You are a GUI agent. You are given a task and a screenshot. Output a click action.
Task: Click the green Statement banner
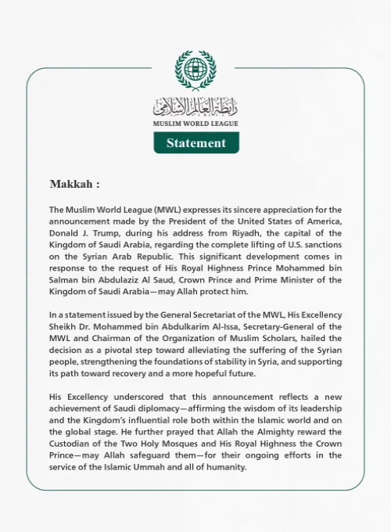(x=195, y=142)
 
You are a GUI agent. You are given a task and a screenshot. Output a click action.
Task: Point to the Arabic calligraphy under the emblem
(x=195, y=106)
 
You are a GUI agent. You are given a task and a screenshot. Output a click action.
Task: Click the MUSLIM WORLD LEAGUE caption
(x=195, y=124)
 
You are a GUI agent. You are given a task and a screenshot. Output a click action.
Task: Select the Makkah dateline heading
(x=74, y=185)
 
